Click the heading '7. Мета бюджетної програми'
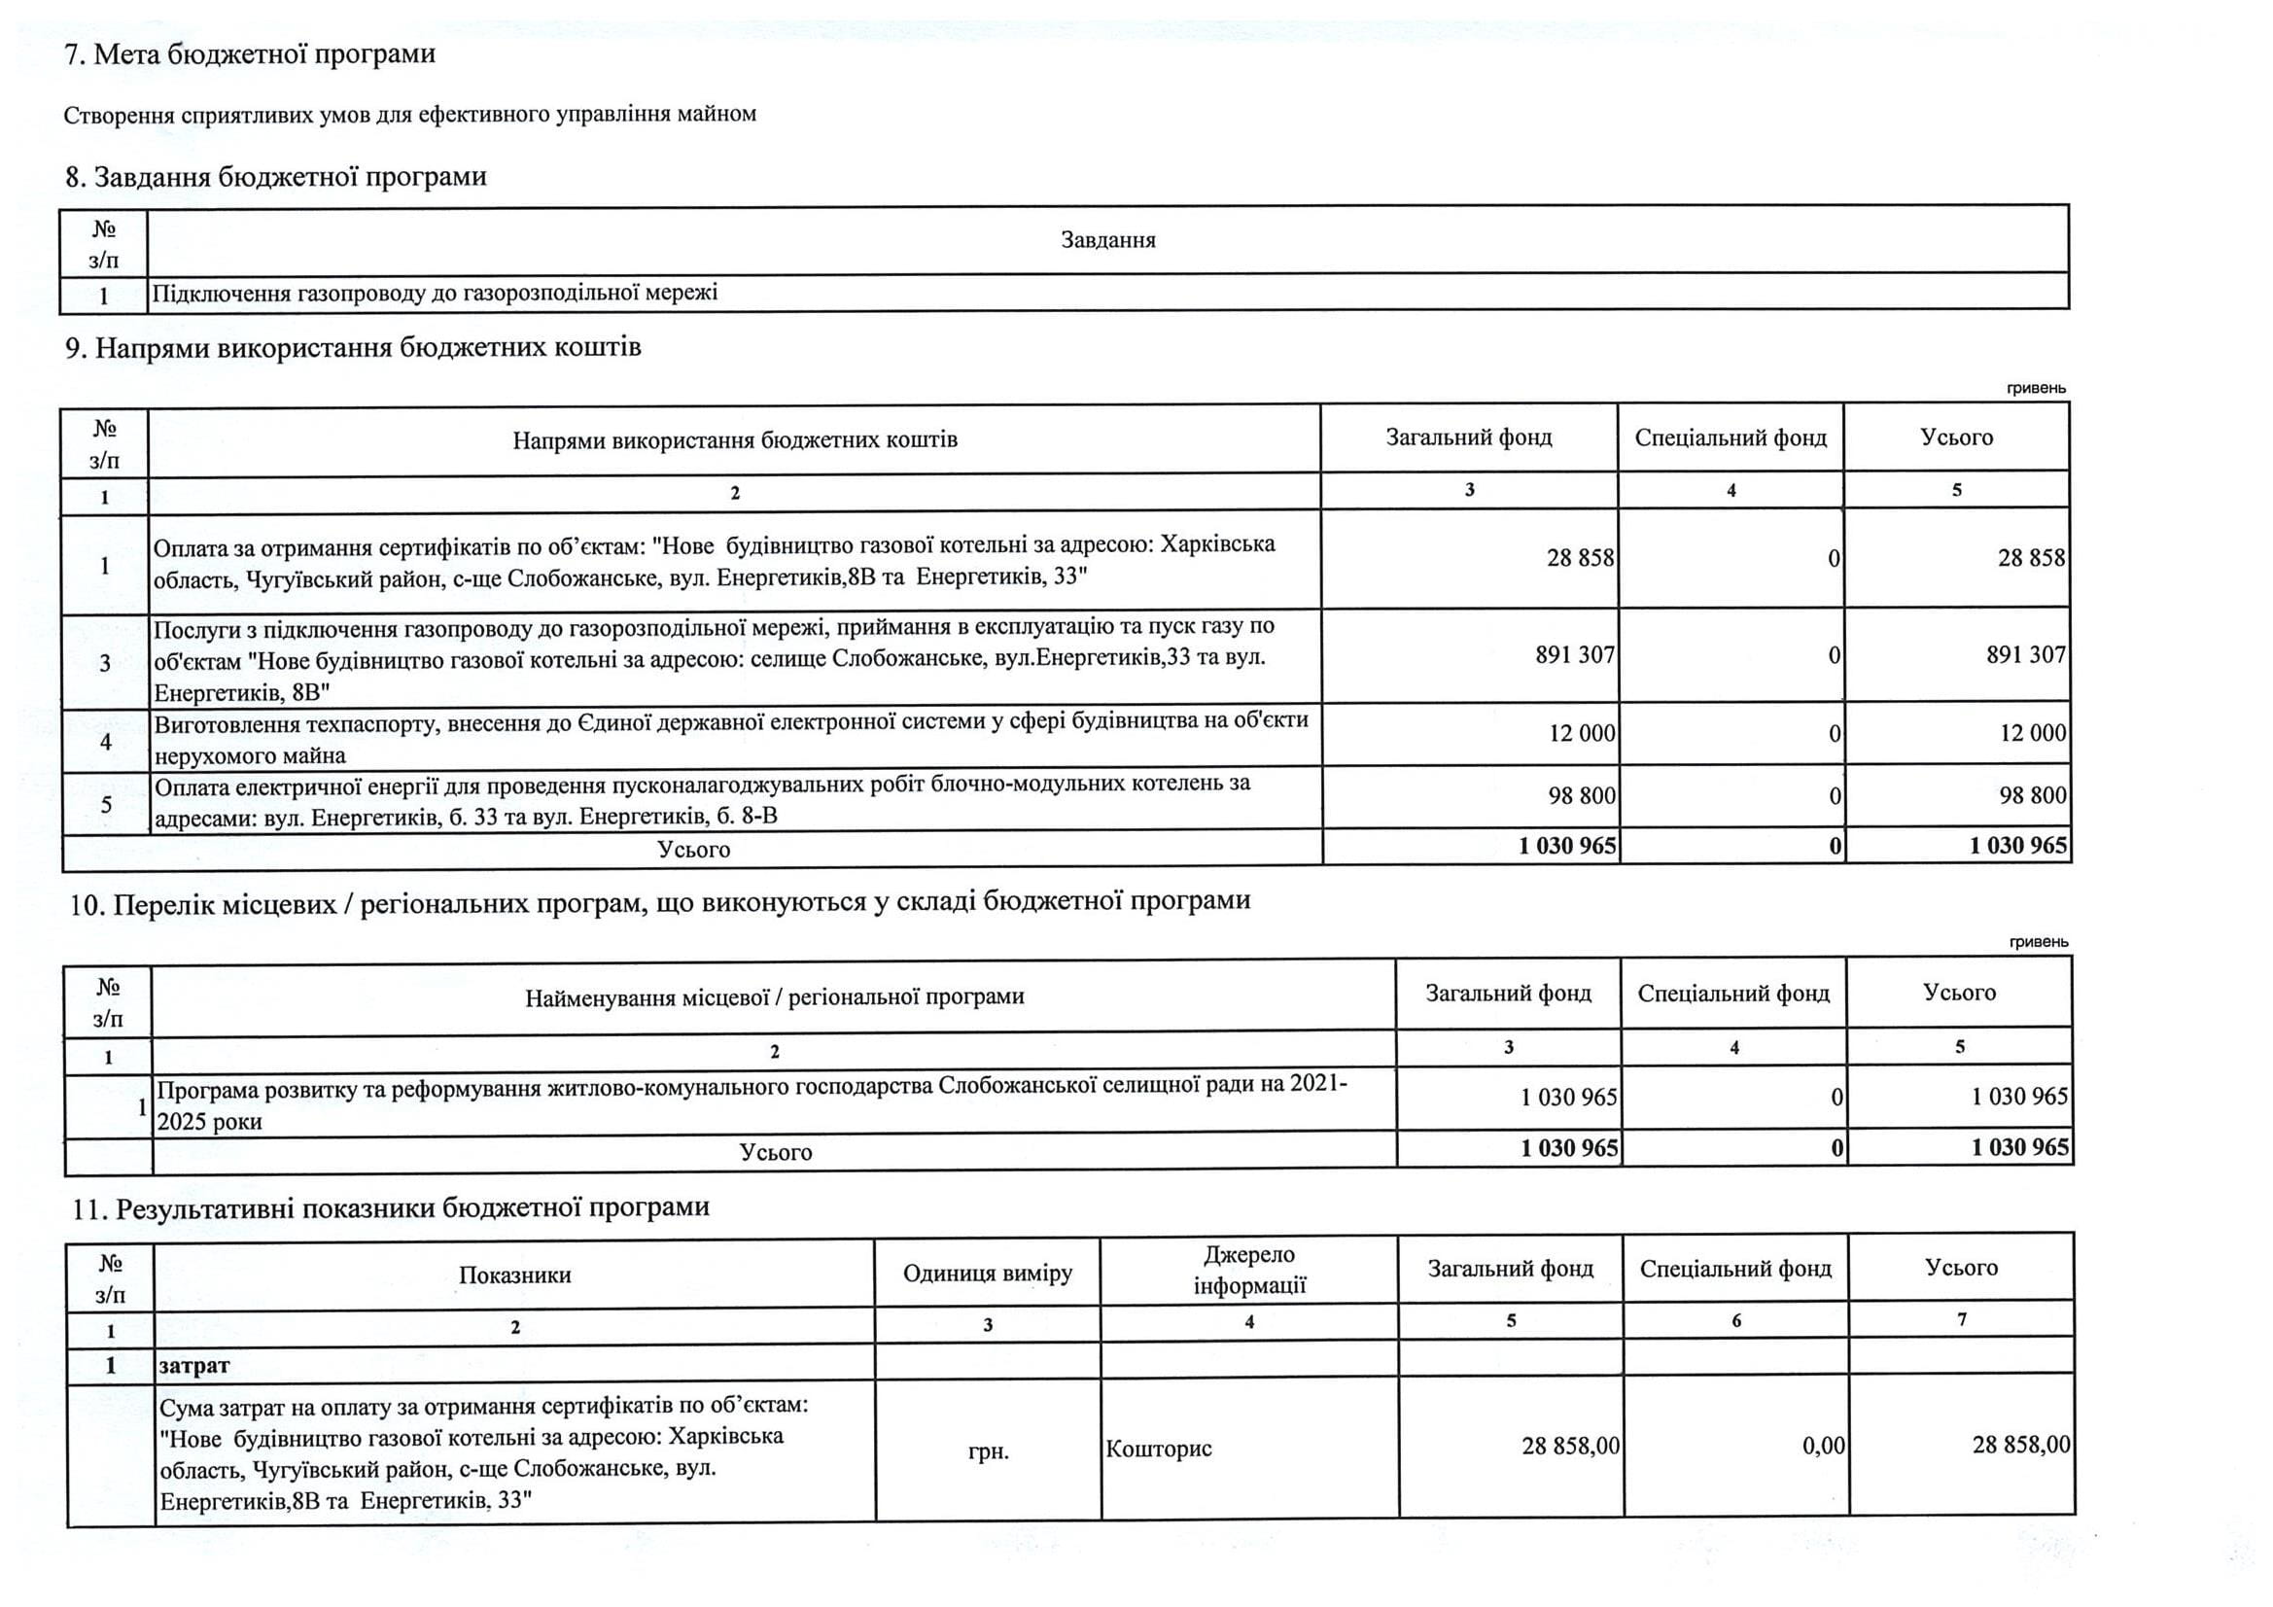click(250, 53)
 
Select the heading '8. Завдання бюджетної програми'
click(275, 177)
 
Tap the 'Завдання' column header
click(1106, 239)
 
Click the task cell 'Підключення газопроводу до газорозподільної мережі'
click(435, 293)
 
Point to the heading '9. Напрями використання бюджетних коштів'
click(353, 347)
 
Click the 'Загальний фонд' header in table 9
click(1468, 437)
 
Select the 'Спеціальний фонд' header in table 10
click(1732, 994)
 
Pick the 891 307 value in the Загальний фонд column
click(1574, 655)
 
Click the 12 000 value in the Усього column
click(2033, 733)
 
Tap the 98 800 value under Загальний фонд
click(1581, 795)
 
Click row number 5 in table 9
click(106, 804)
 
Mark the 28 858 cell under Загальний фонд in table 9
click(1580, 558)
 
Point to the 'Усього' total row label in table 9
click(693, 850)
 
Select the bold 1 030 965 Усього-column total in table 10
click(2019, 1147)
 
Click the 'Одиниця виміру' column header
click(987, 1274)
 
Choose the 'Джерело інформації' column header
click(1249, 1271)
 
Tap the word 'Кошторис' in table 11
click(1158, 1449)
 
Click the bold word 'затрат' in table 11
click(194, 1365)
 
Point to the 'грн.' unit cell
click(988, 1451)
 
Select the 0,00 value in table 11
click(1824, 1446)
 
